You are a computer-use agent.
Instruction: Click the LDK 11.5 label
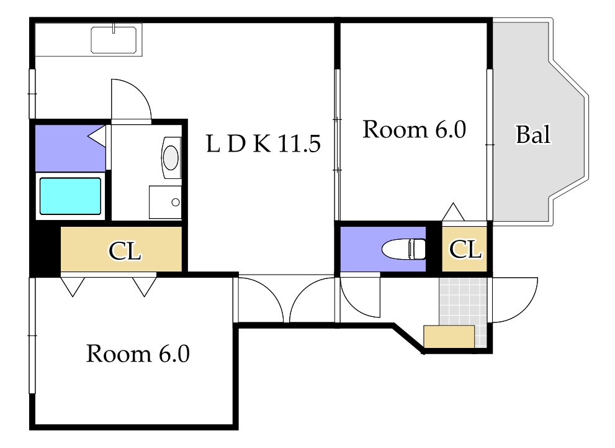pyautogui.click(x=263, y=144)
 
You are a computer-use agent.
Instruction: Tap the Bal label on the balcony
pyautogui.click(x=533, y=134)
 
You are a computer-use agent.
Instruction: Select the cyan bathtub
pyautogui.click(x=70, y=196)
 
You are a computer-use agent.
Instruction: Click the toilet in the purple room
pyautogui.click(x=403, y=249)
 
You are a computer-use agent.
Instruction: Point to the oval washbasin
pyautogui.click(x=171, y=157)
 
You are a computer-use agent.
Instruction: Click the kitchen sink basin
pyautogui.click(x=114, y=40)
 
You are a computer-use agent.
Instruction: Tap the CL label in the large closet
pyautogui.click(x=125, y=250)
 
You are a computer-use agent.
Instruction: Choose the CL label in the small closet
pyautogui.click(x=465, y=249)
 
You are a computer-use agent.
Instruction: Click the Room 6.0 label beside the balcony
pyautogui.click(x=414, y=129)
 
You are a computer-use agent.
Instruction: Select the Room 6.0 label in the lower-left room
pyautogui.click(x=138, y=354)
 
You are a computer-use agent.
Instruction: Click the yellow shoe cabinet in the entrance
pyautogui.click(x=449, y=336)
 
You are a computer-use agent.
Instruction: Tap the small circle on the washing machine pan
pyautogui.click(x=176, y=202)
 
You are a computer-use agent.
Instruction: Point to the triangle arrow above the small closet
pyautogui.click(x=454, y=212)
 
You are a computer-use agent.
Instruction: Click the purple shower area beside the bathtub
pyautogui.click(x=70, y=148)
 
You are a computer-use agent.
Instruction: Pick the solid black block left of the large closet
pyautogui.click(x=45, y=249)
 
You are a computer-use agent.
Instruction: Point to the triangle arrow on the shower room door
pyautogui.click(x=96, y=136)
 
